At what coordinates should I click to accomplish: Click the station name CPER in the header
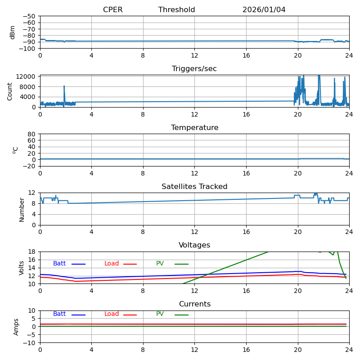(112, 10)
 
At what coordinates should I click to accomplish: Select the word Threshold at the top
(176, 10)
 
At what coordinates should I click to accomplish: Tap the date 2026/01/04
(264, 10)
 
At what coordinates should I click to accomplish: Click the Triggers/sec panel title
(194, 69)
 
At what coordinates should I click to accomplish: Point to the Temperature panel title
(194, 128)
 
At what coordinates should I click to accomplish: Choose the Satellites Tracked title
(194, 187)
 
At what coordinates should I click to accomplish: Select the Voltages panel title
(194, 245)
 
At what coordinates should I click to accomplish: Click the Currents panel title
(194, 304)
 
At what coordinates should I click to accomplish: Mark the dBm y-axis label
(13, 32)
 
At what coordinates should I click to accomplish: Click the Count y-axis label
(10, 91)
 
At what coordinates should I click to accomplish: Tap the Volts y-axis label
(22, 268)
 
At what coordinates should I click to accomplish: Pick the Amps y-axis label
(17, 327)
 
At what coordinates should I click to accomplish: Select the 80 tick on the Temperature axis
(32, 134)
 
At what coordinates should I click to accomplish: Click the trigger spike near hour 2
(64, 86)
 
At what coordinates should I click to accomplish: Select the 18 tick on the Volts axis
(32, 252)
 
